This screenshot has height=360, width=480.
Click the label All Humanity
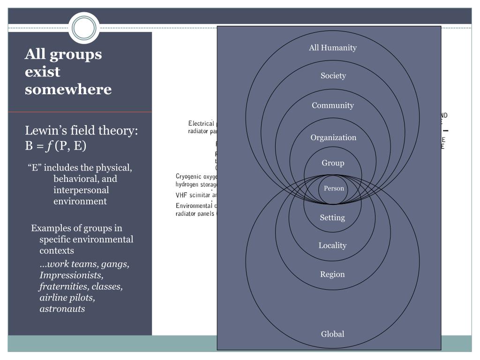click(x=333, y=48)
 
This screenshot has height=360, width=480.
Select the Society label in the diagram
click(x=333, y=76)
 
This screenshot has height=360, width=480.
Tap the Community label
click(x=333, y=105)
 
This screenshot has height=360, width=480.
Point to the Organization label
click(x=333, y=138)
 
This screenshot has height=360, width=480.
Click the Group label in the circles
click(x=333, y=163)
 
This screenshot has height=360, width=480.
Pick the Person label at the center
click(x=334, y=188)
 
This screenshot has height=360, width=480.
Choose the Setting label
click(x=332, y=217)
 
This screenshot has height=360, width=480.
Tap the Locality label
click(x=332, y=246)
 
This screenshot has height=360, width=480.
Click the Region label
click(x=332, y=275)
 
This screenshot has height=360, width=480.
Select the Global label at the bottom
click(x=332, y=334)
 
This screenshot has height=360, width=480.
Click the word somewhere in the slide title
click(x=68, y=89)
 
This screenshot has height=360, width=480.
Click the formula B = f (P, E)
click(x=56, y=146)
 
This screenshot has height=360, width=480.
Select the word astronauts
click(x=62, y=309)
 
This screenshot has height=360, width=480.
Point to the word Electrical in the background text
click(x=201, y=124)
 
